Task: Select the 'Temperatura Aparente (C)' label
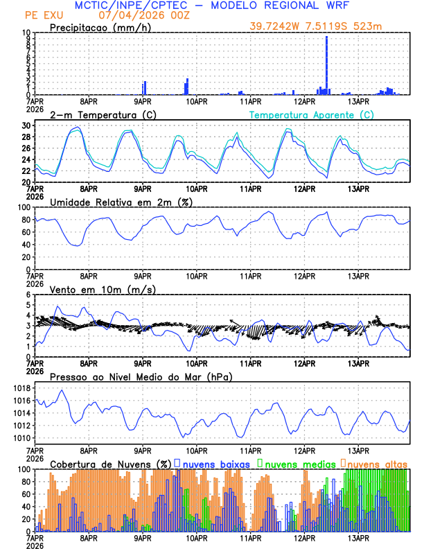click(x=312, y=114)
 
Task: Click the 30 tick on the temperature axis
click(x=26, y=125)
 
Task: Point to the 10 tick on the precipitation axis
click(x=26, y=33)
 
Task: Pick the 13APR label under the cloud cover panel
click(x=358, y=538)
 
